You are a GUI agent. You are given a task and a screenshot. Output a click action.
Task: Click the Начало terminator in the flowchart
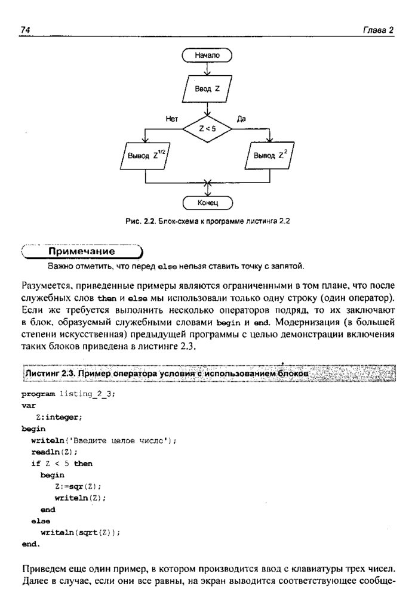tap(207, 55)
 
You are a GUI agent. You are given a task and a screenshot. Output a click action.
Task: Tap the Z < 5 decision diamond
tap(207, 128)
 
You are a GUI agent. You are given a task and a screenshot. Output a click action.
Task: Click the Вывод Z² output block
tap(271, 156)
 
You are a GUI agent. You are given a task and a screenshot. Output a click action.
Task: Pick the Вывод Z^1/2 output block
tap(145, 156)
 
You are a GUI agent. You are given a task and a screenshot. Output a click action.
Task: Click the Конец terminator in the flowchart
tap(207, 202)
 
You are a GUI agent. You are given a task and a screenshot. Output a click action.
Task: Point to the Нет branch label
tap(171, 119)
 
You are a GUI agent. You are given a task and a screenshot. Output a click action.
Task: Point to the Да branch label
tap(241, 119)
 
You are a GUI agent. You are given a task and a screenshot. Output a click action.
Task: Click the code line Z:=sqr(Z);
tap(78, 486)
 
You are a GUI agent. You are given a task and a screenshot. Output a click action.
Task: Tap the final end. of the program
tap(30, 544)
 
